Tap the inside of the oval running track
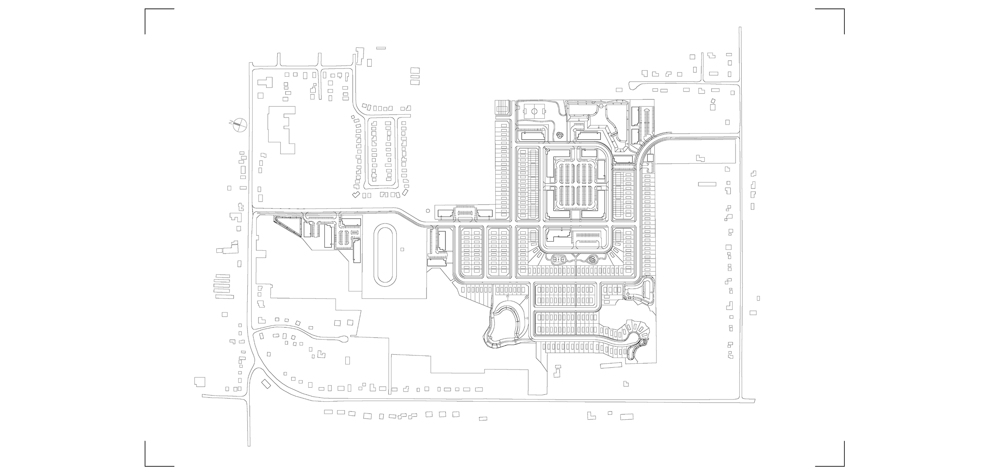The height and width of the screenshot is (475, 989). (384, 254)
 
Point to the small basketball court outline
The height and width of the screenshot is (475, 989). (559, 260)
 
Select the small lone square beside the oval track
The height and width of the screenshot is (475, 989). (402, 249)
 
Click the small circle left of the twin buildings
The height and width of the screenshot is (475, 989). (427, 210)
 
